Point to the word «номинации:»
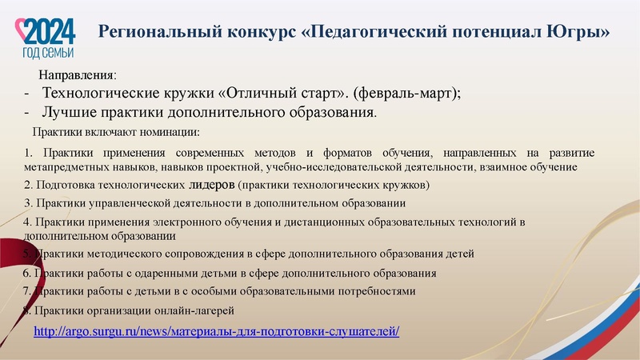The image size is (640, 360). click(168, 131)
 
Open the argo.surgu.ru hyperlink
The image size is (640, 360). click(216, 330)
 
